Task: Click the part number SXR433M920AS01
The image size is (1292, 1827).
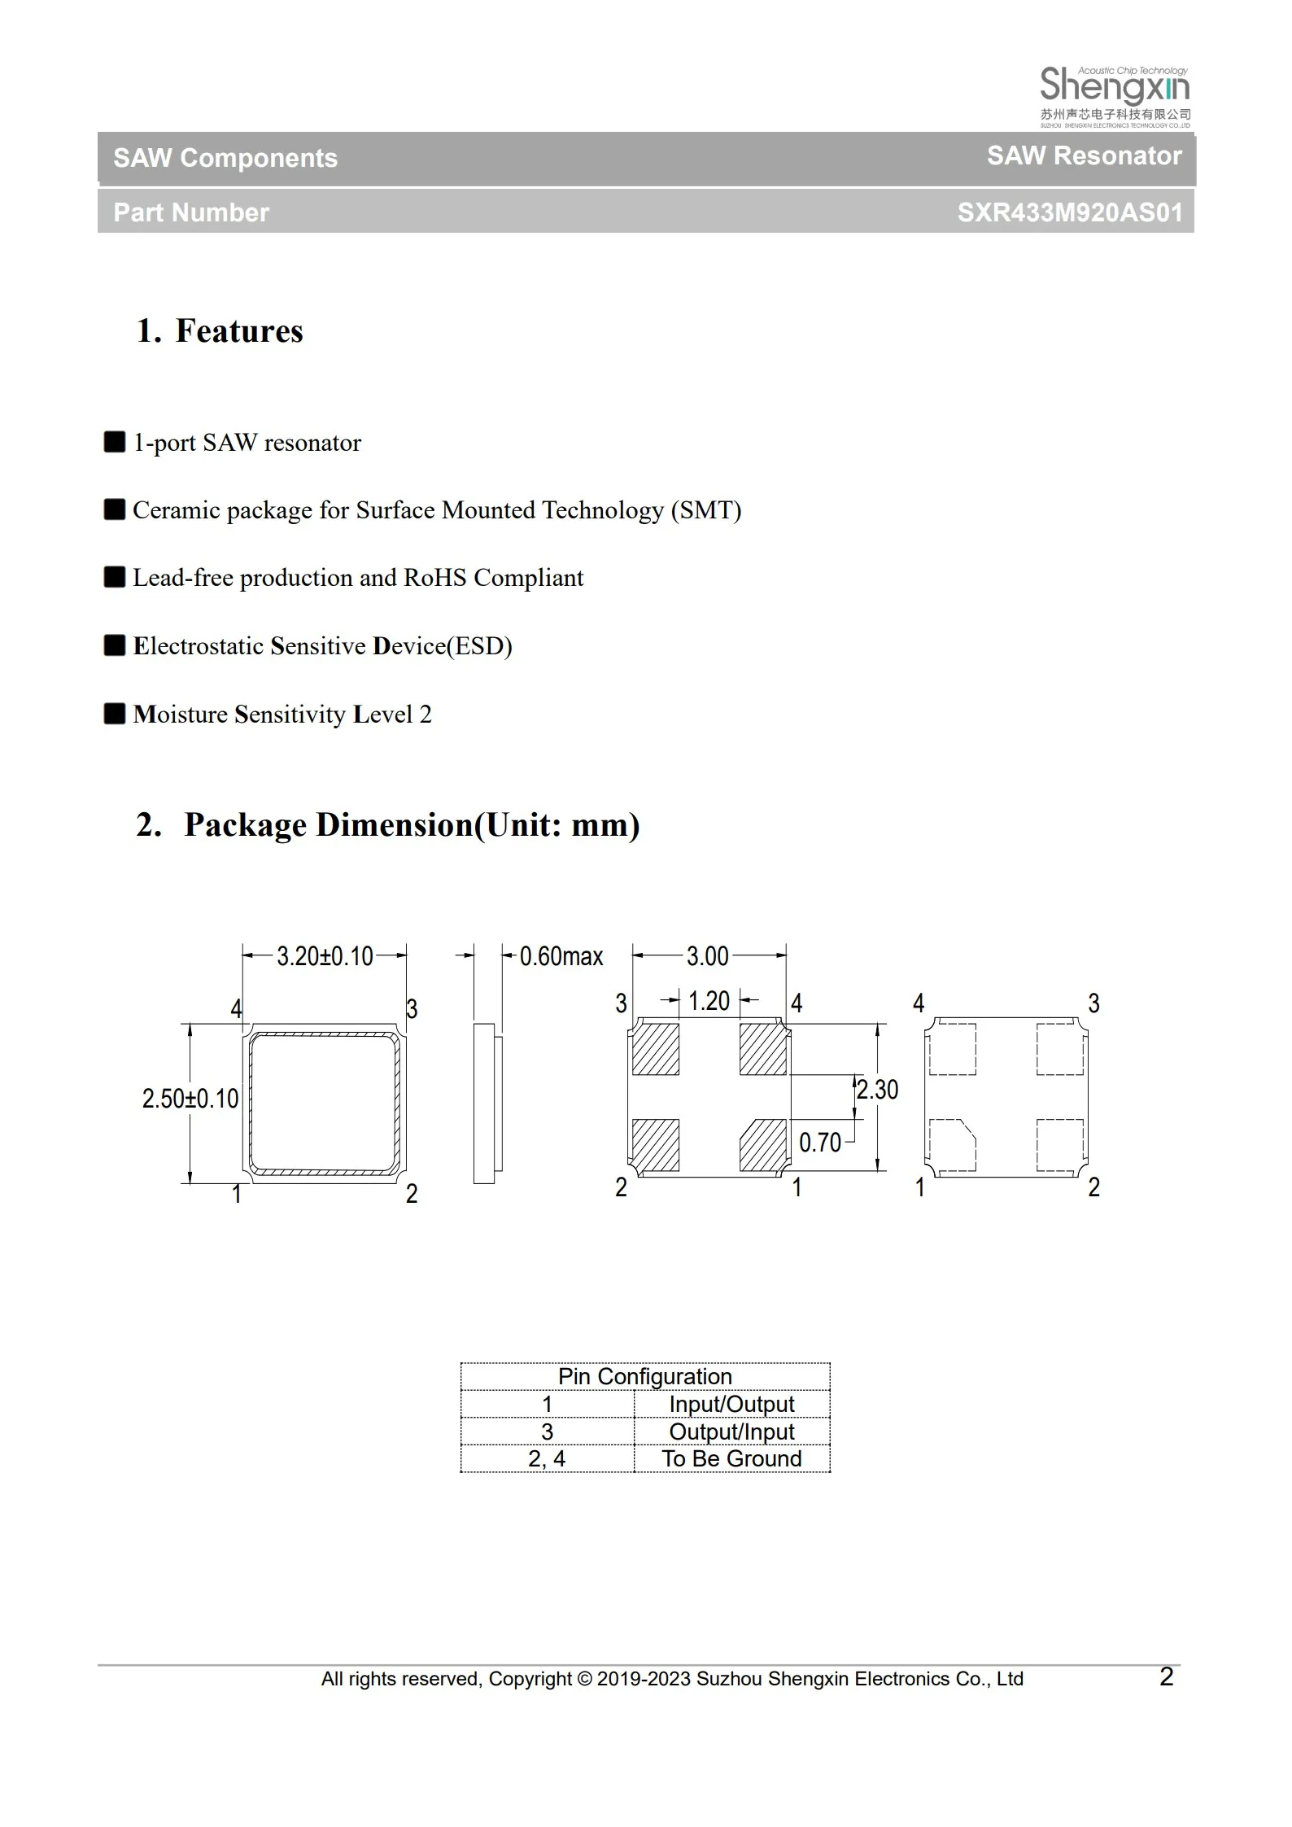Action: [x=1069, y=212]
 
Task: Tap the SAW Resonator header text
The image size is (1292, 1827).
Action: [x=1084, y=155]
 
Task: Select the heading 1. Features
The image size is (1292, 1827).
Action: [x=220, y=331]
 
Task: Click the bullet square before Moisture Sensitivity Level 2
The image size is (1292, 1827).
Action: [x=115, y=714]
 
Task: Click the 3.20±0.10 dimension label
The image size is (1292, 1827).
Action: [x=325, y=956]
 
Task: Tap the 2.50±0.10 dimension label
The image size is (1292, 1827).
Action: [x=190, y=1099]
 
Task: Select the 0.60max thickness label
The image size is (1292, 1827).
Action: [x=561, y=956]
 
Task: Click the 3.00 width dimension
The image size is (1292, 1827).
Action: [x=707, y=956]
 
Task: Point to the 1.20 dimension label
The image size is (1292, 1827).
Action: [x=709, y=1001]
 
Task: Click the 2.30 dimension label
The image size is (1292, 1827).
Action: [x=877, y=1090]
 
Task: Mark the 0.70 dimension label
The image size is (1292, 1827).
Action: [x=819, y=1143]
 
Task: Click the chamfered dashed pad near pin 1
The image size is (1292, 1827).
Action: [x=952, y=1145]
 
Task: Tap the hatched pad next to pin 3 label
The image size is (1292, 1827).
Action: [x=656, y=1049]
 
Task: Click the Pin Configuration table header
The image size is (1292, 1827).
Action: [x=645, y=1376]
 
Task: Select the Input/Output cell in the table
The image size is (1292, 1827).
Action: [x=731, y=1404]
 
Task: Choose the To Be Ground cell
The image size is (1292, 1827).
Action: [x=731, y=1458]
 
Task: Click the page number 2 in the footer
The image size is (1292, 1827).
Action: [x=1166, y=1676]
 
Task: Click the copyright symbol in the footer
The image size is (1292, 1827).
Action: [x=585, y=1679]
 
